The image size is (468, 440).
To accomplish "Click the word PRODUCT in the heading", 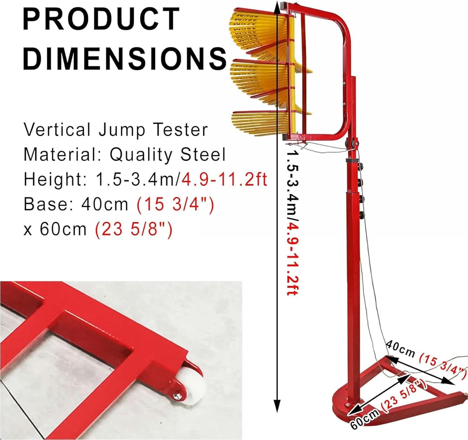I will (101, 19).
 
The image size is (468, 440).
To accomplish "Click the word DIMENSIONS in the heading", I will (125, 58).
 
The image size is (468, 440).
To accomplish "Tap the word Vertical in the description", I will (57, 130).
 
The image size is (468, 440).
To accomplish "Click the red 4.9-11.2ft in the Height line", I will (224, 179).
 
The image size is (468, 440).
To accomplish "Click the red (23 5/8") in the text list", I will (134, 229).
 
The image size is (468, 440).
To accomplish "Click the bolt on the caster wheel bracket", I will (176, 396).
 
